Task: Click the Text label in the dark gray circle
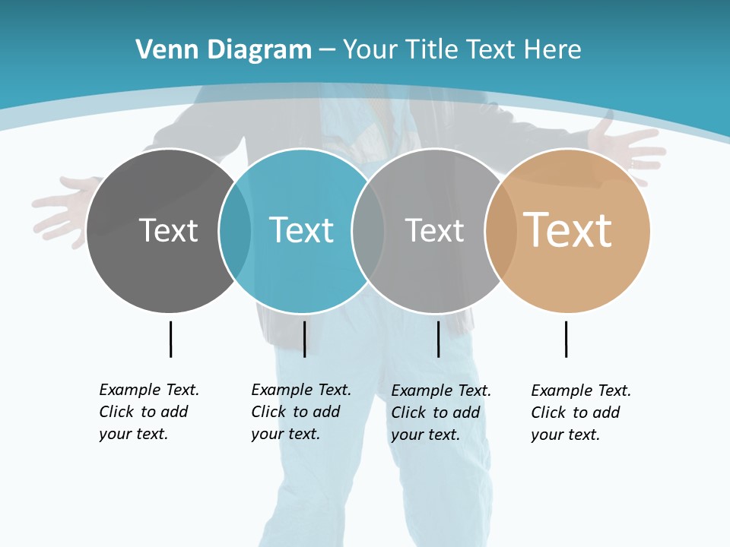(168, 230)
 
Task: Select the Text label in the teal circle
(301, 230)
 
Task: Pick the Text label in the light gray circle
(434, 230)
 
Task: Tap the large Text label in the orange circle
(567, 230)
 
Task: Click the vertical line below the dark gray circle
(171, 339)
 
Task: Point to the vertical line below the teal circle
(304, 339)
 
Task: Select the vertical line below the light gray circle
(438, 339)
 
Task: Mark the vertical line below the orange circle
(566, 339)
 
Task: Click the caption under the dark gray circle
(149, 412)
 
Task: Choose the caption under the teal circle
(301, 412)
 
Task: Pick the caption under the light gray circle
(441, 413)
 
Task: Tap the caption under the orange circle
(581, 413)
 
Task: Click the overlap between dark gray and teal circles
(235, 230)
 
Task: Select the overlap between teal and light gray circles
(368, 230)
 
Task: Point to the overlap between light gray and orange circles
(501, 230)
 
